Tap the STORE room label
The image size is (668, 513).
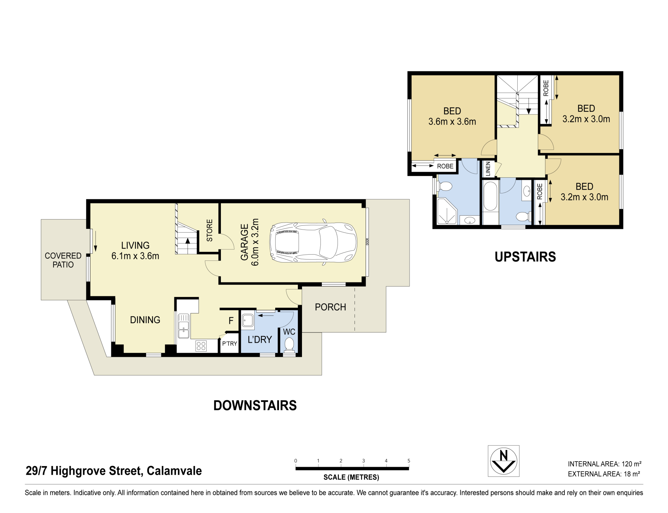coord(209,230)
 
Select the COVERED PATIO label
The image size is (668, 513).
coord(63,260)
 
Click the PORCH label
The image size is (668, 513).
coord(330,307)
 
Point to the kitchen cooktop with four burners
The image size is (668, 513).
coord(201,346)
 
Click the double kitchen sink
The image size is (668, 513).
coord(183,326)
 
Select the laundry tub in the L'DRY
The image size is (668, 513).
coord(248,320)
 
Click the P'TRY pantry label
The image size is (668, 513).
coord(230,344)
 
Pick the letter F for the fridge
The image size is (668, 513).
coord(231,321)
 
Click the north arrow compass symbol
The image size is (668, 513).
coord(503,461)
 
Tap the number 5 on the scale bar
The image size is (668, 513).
coord(409,461)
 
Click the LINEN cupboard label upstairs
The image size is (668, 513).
coord(488,169)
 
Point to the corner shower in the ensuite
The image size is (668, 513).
coord(446,211)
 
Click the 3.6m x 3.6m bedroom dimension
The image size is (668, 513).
coord(452,122)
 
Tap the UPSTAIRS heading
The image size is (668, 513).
coord(525,257)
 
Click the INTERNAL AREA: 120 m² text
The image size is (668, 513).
coord(605,464)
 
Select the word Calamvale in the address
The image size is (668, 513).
coord(174,471)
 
